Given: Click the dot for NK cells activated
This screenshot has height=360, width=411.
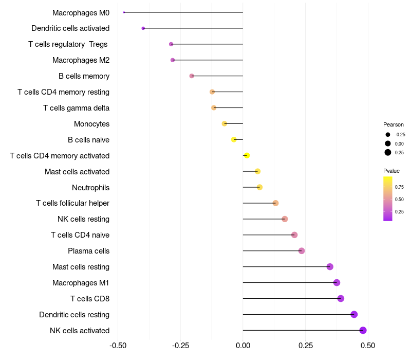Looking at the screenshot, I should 363,330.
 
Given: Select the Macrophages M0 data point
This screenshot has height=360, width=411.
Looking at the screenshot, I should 124,12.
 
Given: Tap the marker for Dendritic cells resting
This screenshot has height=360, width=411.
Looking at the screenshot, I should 354,314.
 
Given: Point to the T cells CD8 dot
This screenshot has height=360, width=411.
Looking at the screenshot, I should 341,298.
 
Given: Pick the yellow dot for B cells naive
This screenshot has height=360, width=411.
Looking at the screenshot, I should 234,139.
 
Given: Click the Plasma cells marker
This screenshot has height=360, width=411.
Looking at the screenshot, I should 302,251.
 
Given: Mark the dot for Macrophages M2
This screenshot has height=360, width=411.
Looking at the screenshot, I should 173,60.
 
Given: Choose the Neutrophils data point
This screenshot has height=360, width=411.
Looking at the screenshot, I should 259,187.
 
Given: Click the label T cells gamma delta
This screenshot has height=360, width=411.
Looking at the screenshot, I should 76,108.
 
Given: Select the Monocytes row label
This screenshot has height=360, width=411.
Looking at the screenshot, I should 91,124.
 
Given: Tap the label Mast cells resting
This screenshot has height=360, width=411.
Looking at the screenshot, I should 81,267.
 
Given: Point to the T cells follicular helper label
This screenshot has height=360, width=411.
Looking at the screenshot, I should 72,203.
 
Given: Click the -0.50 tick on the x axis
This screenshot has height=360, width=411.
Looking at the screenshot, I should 118,346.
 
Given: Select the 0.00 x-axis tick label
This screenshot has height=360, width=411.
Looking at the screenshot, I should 242,346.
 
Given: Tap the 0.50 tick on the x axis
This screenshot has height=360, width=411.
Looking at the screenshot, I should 367,346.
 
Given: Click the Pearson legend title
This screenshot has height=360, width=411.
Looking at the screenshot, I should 394,124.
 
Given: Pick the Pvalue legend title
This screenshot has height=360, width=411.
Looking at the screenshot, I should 391,171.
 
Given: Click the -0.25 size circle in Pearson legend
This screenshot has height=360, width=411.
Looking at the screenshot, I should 387,135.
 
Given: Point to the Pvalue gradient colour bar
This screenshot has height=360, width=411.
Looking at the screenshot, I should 388,199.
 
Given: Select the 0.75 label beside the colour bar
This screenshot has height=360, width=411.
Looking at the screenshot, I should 399,187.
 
